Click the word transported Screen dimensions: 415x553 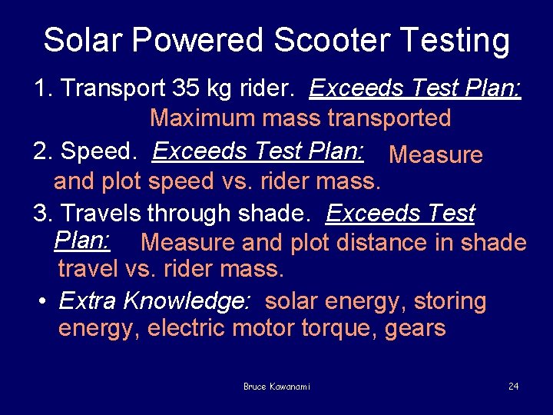coord(389,118)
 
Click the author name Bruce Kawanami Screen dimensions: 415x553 coord(276,387)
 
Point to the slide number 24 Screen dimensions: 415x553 coord(513,386)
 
